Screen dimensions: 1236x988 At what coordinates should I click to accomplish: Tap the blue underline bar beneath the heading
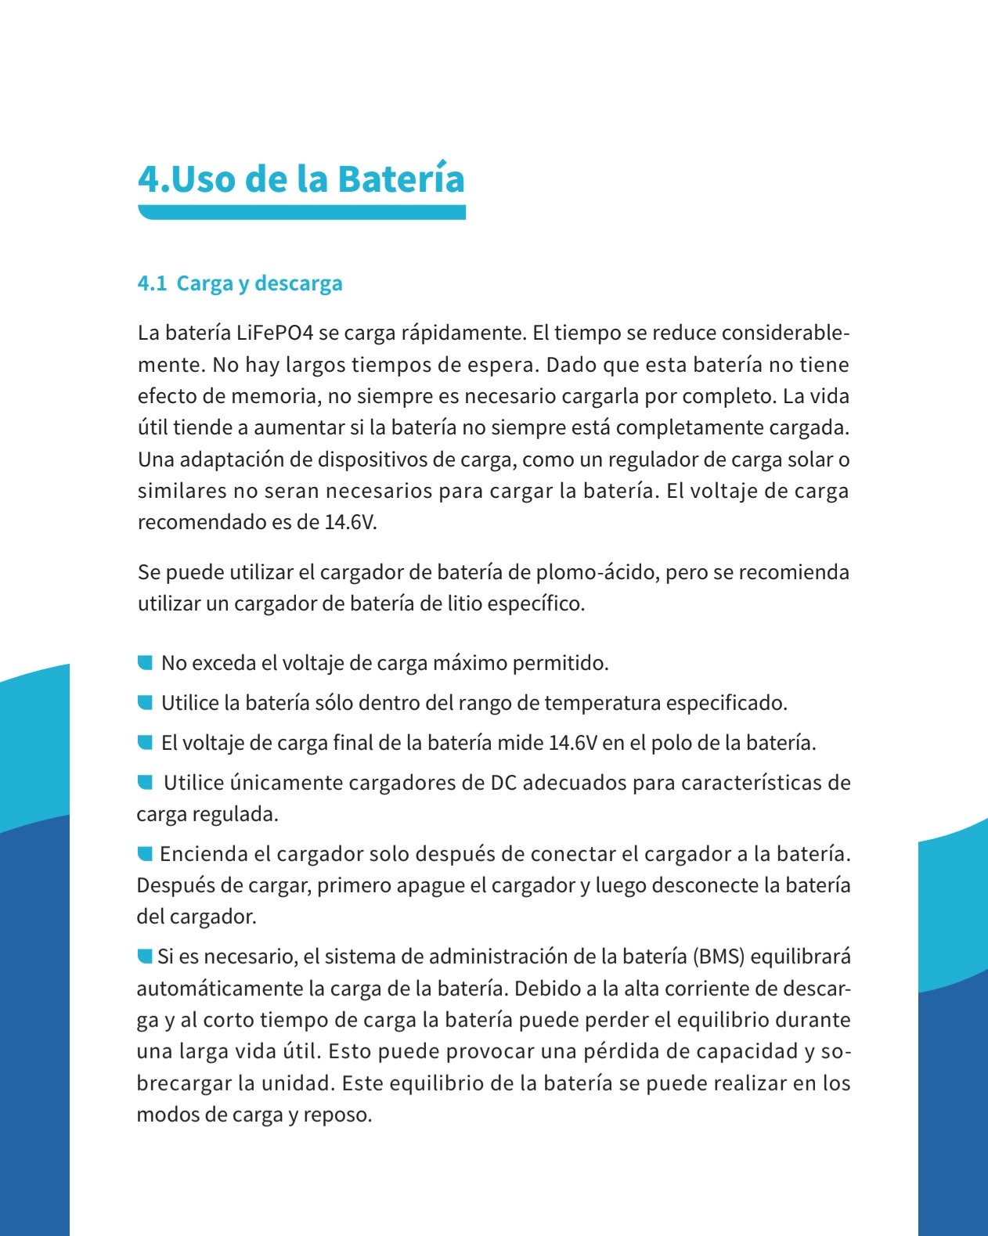[301, 212]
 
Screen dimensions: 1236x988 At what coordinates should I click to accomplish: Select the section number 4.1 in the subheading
[152, 283]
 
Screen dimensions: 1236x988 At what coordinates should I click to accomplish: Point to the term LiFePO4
[275, 333]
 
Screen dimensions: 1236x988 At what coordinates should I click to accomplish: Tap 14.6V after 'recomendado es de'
[351, 522]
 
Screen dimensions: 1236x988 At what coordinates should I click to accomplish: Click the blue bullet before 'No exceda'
[145, 663]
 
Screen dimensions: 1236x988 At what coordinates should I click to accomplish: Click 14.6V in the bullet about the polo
[573, 743]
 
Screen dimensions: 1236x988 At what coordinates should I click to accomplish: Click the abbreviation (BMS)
[718, 957]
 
